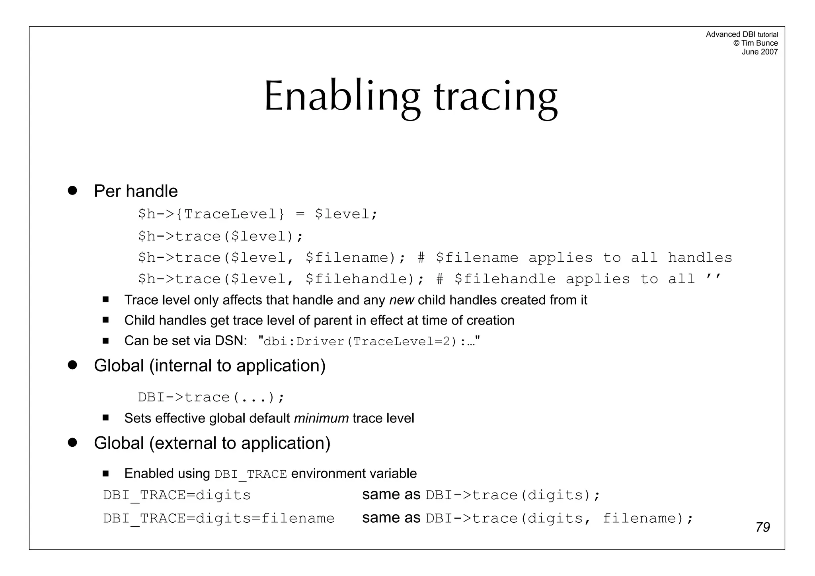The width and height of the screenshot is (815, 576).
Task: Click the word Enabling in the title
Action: (x=342, y=97)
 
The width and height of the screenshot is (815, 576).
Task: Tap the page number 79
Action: (x=762, y=527)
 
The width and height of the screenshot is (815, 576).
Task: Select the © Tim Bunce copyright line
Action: (x=755, y=43)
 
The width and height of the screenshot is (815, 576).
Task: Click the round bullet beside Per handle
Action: (x=72, y=190)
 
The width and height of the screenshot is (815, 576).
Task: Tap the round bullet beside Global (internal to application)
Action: (x=72, y=365)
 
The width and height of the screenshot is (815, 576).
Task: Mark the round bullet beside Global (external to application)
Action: (x=72, y=442)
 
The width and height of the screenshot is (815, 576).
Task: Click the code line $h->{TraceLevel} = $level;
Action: (x=257, y=214)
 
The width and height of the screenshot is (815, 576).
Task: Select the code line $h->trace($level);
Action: (x=220, y=236)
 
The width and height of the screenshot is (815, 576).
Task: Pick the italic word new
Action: (x=402, y=300)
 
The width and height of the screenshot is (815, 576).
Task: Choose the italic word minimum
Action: (x=321, y=418)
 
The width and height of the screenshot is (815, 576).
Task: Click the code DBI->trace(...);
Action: (x=211, y=397)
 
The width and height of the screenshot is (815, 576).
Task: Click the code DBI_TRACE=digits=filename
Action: (x=218, y=518)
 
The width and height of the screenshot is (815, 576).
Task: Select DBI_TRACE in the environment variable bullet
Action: (x=250, y=474)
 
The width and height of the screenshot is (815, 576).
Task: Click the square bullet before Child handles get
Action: (x=105, y=320)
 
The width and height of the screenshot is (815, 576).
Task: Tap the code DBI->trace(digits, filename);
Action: (x=560, y=518)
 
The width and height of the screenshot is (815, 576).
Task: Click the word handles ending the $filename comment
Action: (x=700, y=258)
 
